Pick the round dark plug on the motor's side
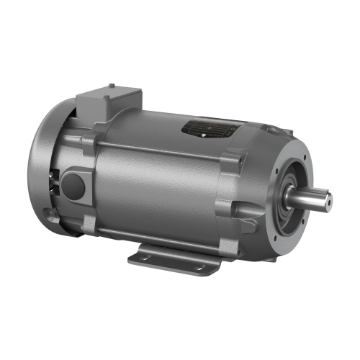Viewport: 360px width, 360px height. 73,186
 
